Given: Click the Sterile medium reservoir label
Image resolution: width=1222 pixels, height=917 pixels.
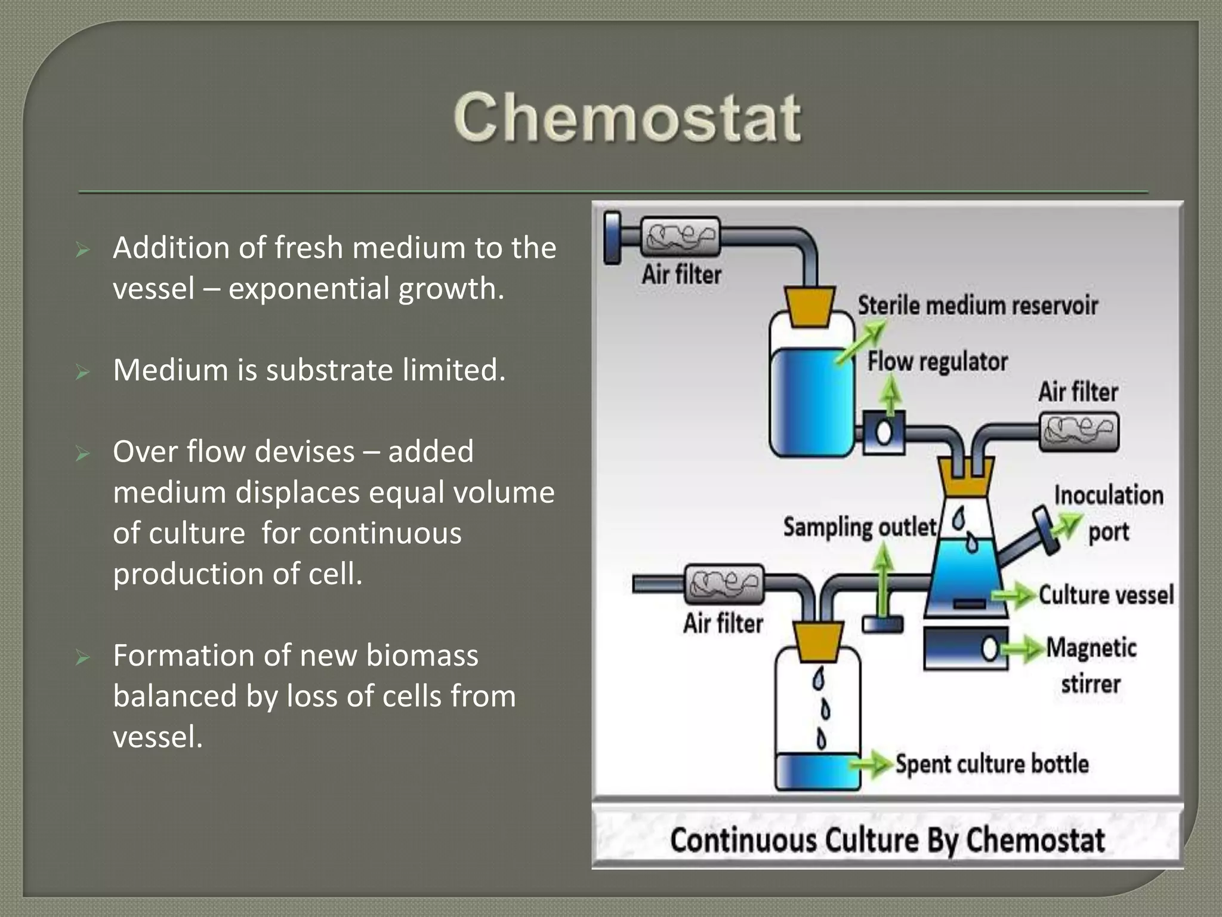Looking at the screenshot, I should coord(977,306).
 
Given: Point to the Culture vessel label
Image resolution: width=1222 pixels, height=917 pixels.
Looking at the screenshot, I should coord(1106,595).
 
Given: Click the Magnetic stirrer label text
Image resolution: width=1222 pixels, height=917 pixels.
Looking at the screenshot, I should coord(1091,664).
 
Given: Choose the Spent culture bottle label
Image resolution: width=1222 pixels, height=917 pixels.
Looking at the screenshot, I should coord(992,764).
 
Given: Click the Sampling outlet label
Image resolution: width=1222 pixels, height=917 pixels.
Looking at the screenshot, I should coord(859,527).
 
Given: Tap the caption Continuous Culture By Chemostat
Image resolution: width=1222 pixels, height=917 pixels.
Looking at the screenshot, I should coord(887,839).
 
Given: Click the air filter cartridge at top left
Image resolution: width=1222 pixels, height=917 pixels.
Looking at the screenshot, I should coord(680,236).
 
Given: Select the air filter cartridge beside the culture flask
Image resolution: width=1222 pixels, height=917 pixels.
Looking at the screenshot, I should coord(1079,432).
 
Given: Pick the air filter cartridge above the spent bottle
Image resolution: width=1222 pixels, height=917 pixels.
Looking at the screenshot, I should coord(724,583).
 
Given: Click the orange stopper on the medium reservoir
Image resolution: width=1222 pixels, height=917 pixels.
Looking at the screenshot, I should coord(810,306).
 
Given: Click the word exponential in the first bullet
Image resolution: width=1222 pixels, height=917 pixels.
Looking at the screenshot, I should coord(309,289).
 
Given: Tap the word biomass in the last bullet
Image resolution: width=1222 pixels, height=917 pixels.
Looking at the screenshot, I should coord(422,656).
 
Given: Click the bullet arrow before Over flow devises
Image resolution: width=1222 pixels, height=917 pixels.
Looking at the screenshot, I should coord(83,454).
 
